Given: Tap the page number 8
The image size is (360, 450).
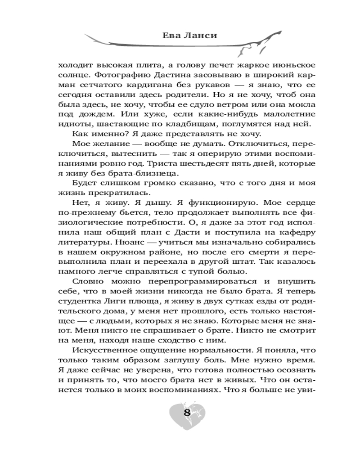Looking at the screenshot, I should coord(186,414).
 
